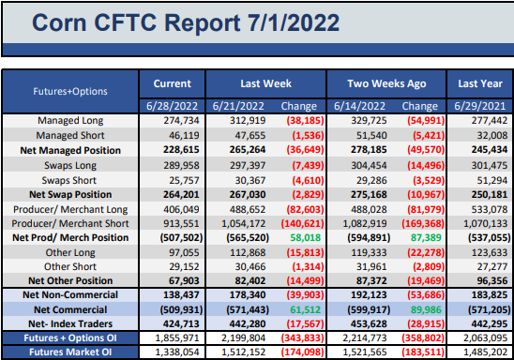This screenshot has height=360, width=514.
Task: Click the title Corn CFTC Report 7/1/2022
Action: pos(186,22)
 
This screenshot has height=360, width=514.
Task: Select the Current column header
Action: pos(172,83)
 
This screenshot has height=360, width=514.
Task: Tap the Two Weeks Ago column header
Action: pos(386,83)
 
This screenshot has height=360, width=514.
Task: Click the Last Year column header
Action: pos(480,83)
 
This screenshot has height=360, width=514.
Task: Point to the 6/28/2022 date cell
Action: pos(172,106)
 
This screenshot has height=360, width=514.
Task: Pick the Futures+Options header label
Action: pos(70,91)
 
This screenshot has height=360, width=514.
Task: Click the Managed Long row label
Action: pos(70,121)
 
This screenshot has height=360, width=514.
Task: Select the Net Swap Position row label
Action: pos(70,195)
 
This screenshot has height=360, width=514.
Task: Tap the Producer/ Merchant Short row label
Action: pos(70,223)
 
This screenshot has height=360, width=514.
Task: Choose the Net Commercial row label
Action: pos(70,309)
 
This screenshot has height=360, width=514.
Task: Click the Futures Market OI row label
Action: pos(70,352)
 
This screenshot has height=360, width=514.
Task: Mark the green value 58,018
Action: pos(305,237)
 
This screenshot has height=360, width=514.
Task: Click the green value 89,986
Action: pos(426,309)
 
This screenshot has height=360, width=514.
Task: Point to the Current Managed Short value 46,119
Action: pos(184,135)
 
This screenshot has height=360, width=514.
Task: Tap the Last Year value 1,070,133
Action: pos(486,223)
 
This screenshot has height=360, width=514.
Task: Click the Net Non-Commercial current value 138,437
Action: pos(181,294)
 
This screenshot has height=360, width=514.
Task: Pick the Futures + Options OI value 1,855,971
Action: pos(177,338)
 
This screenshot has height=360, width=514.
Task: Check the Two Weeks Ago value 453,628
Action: pos(369,323)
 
